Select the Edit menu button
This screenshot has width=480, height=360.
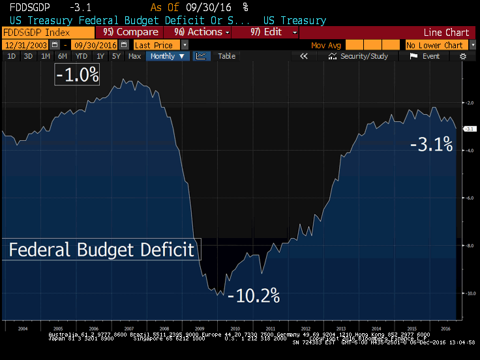click(x=274, y=32)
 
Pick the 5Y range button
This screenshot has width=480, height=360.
click(x=115, y=56)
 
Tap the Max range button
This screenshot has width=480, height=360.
click(x=134, y=56)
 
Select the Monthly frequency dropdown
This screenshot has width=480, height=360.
click(x=168, y=56)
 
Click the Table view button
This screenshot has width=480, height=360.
click(x=226, y=56)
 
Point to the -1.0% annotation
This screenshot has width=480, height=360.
click(x=78, y=75)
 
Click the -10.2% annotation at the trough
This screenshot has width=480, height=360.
click(x=254, y=295)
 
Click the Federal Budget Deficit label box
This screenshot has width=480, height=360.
click(x=101, y=250)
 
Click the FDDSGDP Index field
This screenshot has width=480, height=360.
click(x=47, y=32)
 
